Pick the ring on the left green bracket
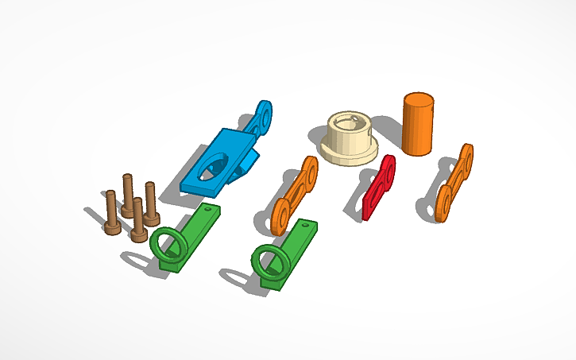[x=168, y=243]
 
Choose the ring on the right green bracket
[x=268, y=259]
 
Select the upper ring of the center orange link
[x=308, y=169]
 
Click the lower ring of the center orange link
[x=280, y=217]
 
